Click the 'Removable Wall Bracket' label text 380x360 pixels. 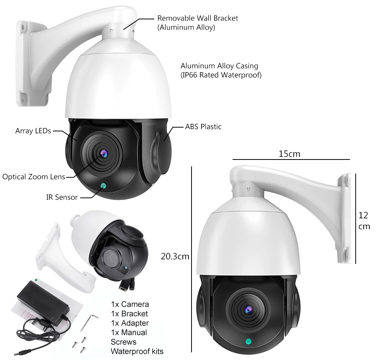click(x=198, y=18)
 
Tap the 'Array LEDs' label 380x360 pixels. click(x=33, y=131)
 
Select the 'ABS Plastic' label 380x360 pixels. click(x=203, y=127)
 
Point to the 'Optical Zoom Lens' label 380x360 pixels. click(x=34, y=177)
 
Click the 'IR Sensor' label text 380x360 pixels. click(x=62, y=197)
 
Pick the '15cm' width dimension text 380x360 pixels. click(x=289, y=154)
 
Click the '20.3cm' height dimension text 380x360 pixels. click(x=175, y=256)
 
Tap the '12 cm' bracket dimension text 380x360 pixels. click(x=364, y=221)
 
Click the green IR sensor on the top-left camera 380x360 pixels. click(x=103, y=186)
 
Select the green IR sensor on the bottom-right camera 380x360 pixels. click(x=248, y=342)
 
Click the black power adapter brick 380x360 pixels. click(x=43, y=303)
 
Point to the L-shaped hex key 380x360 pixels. click(x=89, y=322)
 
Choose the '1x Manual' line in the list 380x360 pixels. click(x=129, y=332)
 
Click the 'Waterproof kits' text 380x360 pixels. click(x=137, y=351)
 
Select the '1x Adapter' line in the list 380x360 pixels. click(x=130, y=323)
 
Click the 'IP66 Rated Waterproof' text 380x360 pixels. click(x=221, y=75)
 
